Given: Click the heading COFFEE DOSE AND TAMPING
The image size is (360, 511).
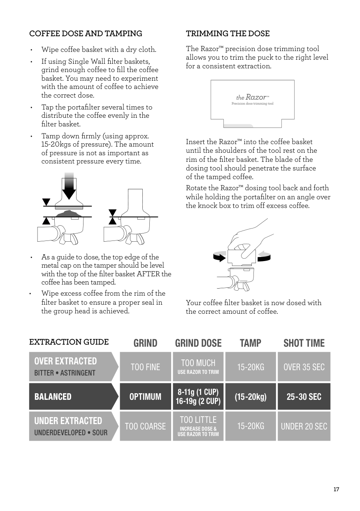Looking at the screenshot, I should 86,33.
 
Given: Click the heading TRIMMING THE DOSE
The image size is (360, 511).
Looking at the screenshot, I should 228,33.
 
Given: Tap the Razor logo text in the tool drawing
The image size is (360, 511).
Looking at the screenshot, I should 253,98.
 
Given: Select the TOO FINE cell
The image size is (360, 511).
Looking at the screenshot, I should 145,366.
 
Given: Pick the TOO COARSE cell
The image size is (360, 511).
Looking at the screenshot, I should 145,426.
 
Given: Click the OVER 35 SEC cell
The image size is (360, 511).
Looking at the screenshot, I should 304,366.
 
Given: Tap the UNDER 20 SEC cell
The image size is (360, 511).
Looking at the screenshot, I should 304,426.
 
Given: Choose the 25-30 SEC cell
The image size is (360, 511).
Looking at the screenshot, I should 304,397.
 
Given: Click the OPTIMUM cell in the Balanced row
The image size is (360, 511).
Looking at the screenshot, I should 145,397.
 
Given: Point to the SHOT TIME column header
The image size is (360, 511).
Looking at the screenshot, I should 304,343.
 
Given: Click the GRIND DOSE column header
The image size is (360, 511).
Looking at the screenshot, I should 198,343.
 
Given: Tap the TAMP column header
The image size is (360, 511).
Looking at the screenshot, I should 250,343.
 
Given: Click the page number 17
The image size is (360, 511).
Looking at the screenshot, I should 336,490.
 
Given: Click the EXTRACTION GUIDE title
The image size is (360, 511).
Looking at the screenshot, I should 69,342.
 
